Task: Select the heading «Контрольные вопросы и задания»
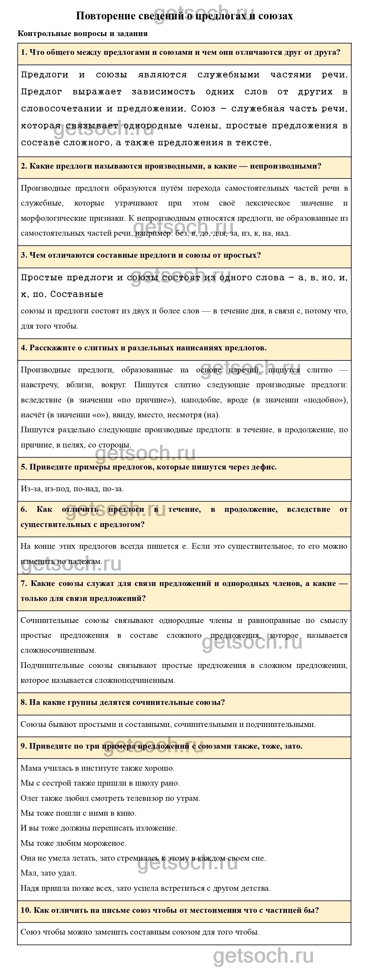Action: click(82, 33)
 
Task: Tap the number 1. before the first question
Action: click(24, 52)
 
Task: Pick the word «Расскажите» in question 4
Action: click(52, 348)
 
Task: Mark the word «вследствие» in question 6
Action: click(308, 509)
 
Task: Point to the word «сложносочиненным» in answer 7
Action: click(58, 650)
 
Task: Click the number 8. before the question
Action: click(24, 702)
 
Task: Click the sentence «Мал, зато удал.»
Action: click(48, 873)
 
